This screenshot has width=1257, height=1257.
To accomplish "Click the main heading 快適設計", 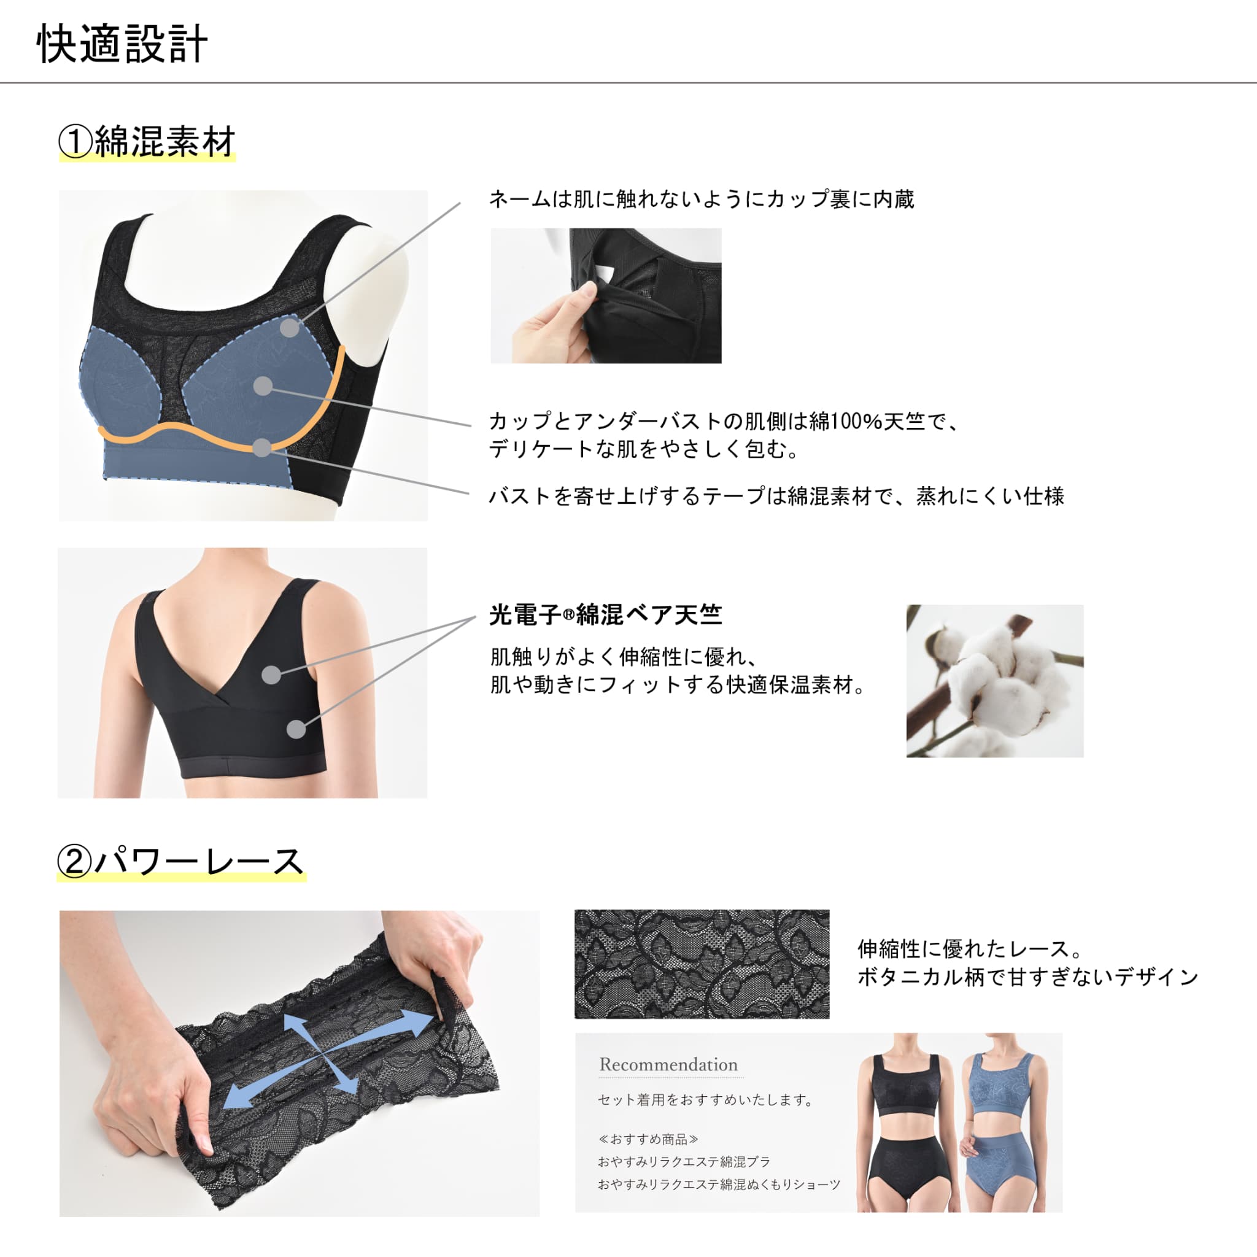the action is click(x=122, y=44).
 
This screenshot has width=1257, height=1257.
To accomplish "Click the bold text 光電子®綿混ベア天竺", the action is click(x=605, y=614).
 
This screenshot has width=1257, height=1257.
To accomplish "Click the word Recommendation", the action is click(x=668, y=1064).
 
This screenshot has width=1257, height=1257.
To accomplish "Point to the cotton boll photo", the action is click(x=995, y=681).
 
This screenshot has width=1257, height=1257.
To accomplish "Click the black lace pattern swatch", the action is click(x=702, y=964).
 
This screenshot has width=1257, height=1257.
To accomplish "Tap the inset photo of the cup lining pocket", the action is click(x=606, y=295).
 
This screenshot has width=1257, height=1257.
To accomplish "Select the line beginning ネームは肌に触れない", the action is click(x=702, y=199).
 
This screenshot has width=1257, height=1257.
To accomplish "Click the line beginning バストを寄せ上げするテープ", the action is click(x=776, y=497).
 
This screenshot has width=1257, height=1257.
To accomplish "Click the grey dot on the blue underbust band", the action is click(x=261, y=447).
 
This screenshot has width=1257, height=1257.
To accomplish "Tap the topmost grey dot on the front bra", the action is click(x=290, y=327).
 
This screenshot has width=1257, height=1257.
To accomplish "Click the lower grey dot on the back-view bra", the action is click(x=296, y=729).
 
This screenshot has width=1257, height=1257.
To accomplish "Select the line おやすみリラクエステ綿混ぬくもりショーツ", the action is click(x=719, y=1184).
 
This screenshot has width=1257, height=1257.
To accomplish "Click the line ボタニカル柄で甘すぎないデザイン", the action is click(x=1028, y=977).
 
